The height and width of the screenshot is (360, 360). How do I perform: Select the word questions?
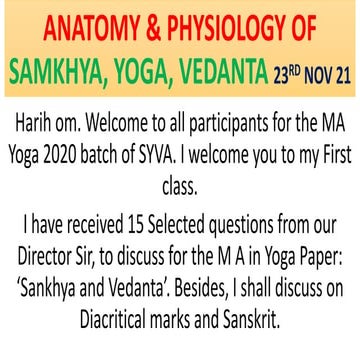[246, 215]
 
